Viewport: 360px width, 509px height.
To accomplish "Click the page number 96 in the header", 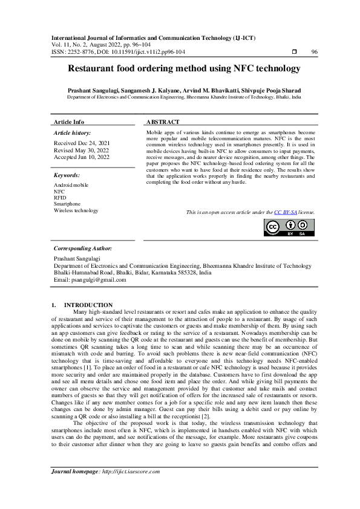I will [x=314, y=53].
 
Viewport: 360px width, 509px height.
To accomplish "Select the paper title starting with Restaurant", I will [x=184, y=70].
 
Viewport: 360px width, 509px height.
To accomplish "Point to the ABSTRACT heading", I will [x=163, y=122].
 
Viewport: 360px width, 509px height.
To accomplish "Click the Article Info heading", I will [x=69, y=122].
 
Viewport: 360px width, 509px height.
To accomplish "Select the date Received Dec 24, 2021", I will [x=82, y=143].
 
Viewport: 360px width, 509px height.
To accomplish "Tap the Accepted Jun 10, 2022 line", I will [x=82, y=157].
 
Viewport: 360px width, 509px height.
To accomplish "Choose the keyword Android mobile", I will [x=71, y=184].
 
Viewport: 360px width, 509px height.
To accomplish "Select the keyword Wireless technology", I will [x=76, y=211].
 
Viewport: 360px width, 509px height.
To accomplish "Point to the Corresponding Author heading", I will [x=82, y=248].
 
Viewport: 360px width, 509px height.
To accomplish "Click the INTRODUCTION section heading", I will [x=88, y=305].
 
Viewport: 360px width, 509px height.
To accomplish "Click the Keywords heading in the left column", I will [x=67, y=175].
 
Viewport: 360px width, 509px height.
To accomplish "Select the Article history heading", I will [x=73, y=132].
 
